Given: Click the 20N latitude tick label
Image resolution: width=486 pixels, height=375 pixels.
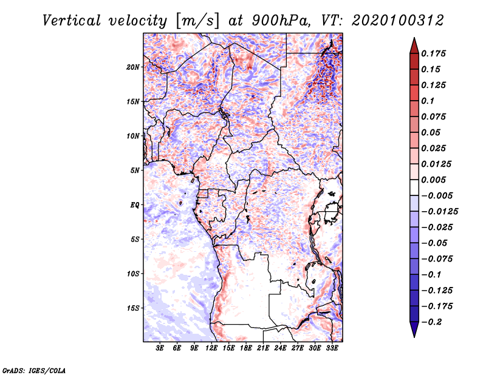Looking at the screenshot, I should pos(133,67).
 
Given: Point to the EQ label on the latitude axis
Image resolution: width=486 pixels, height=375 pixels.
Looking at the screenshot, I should pos(134,205).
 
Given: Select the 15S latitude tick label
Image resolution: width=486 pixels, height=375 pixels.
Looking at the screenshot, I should pos(133,308).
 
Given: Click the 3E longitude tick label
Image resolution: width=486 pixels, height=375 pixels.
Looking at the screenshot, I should pos(160,348).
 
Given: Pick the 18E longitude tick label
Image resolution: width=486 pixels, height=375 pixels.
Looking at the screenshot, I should pos(247,348).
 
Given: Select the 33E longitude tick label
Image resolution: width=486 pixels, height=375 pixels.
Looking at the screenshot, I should pos(332,348).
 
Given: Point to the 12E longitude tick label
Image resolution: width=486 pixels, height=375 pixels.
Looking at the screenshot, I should pos(212,348).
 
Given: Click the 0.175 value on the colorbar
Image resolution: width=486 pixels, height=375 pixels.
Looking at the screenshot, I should pos(434,53).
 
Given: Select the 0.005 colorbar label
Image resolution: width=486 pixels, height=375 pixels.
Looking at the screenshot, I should pos(434,180).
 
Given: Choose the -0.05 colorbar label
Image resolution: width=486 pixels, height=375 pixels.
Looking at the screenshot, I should pos(434,243).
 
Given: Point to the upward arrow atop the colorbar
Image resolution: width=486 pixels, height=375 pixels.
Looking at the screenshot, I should pos(414,44).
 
